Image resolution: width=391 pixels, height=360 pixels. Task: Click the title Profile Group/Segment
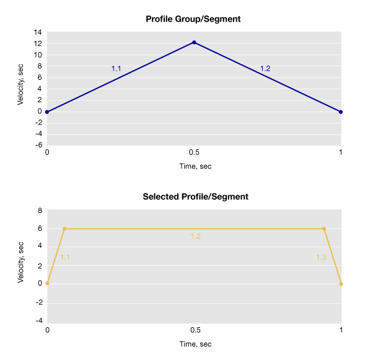tap(193, 19)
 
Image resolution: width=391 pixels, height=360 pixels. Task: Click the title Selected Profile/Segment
tap(195, 197)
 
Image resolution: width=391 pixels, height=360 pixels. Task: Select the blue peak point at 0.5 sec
tap(194, 42)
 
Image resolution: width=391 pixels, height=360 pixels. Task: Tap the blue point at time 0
tap(47, 112)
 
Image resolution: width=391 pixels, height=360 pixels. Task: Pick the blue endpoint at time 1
tap(341, 112)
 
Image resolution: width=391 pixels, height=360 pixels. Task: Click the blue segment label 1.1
tap(116, 69)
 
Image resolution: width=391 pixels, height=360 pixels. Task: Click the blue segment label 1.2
tap(265, 69)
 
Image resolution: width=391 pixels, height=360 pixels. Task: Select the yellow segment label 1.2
tap(195, 237)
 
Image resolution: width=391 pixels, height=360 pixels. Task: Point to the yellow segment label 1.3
tap(321, 257)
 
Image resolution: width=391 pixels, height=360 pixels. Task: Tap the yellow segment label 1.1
tap(64, 257)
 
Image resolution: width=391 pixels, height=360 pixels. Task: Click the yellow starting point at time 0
tap(47, 284)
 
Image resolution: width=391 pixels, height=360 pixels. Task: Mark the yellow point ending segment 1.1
tap(64, 229)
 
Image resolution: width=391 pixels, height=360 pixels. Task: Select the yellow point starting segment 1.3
tap(323, 229)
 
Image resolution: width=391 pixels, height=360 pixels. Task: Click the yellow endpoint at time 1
tap(341, 284)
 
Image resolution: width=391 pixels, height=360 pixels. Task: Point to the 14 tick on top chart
tap(38, 32)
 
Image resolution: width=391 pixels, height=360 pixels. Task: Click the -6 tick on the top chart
tap(38, 145)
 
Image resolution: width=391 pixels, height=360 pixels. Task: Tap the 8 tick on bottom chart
tap(40, 211)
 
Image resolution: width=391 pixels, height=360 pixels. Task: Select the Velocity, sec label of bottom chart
tap(20, 263)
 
